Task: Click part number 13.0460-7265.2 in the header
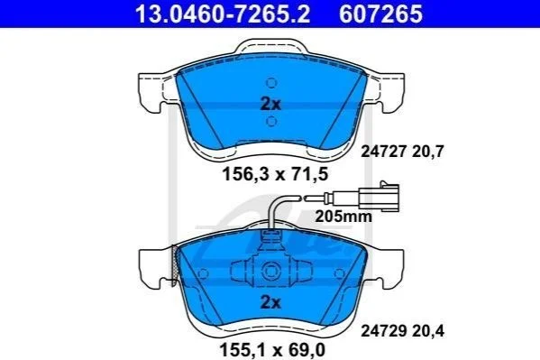[223, 14]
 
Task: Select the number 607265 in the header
[380, 14]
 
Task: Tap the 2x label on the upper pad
[270, 104]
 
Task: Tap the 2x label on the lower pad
[270, 302]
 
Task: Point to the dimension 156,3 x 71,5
[275, 174]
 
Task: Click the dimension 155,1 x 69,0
[272, 350]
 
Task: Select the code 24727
[382, 152]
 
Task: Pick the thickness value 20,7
[427, 152]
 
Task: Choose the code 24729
[382, 331]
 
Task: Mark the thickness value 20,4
[427, 332]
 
